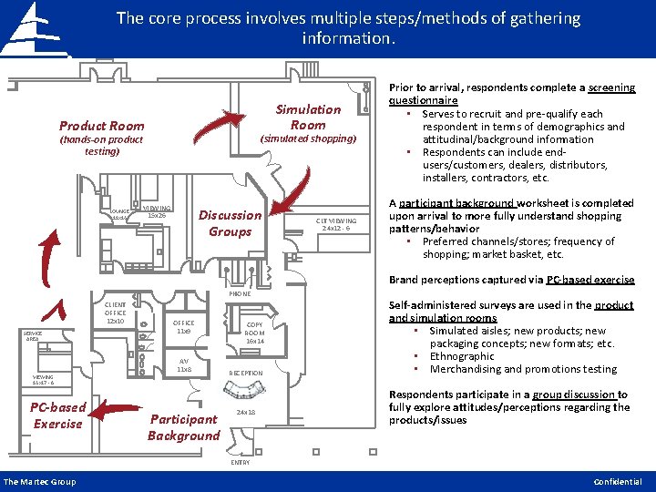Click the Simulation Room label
pyautogui.click(x=308, y=117)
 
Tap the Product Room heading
pyautogui.click(x=101, y=126)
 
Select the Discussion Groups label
pyautogui.click(x=230, y=223)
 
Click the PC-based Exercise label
pyautogui.click(x=57, y=415)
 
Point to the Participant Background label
pyautogui.click(x=183, y=427)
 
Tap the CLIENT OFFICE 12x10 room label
pyautogui.click(x=116, y=313)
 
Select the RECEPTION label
pyautogui.click(x=245, y=373)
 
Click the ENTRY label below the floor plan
pyautogui.click(x=240, y=463)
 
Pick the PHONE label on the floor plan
pyautogui.click(x=240, y=294)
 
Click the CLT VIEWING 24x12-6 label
pyautogui.click(x=336, y=224)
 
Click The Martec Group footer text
pyautogui.click(x=39, y=482)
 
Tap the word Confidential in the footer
pyautogui.click(x=618, y=482)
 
